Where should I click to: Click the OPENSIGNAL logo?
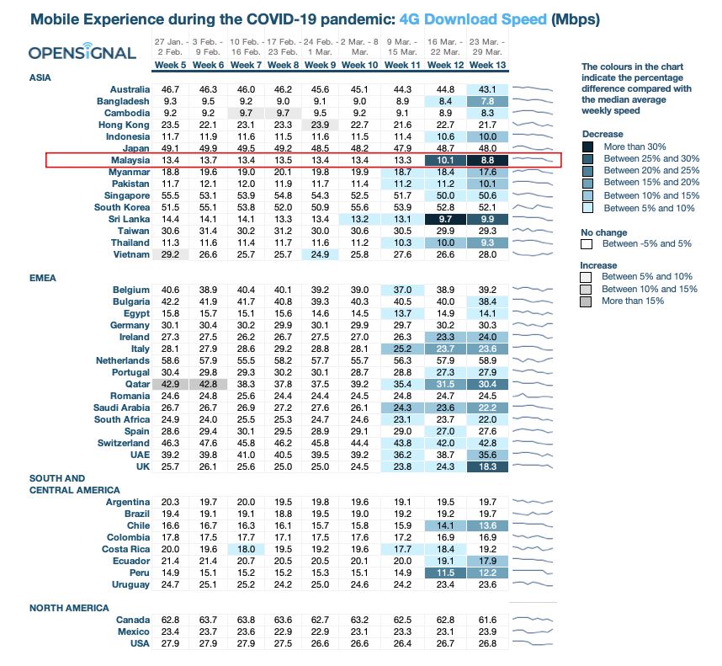(82, 52)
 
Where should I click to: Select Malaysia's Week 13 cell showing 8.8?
(488, 160)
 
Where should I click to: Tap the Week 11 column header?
(402, 65)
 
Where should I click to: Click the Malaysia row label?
(130, 160)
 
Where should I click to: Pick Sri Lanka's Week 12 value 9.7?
(446, 218)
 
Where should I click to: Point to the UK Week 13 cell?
(488, 466)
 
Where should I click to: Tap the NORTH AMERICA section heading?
(68, 608)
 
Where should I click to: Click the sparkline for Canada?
(534, 620)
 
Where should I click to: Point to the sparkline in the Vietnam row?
(534, 253)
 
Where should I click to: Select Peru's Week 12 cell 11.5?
(446, 573)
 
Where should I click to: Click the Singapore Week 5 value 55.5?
(171, 194)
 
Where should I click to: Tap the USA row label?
(137, 643)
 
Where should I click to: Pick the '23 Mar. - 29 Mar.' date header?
(488, 45)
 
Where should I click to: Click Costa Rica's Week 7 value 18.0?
(245, 549)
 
